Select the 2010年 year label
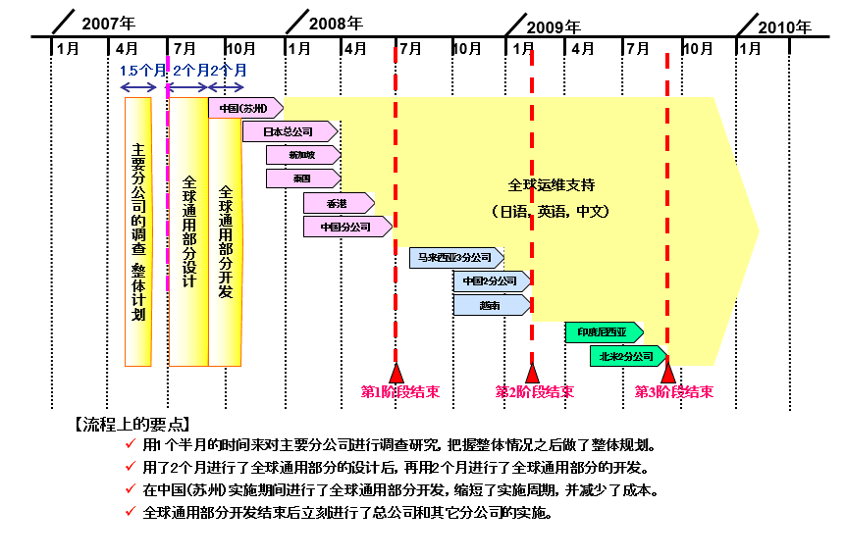[785, 26]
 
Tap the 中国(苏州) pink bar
[244, 108]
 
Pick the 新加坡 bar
[302, 155]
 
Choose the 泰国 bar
[302, 178]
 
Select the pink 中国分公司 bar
[346, 228]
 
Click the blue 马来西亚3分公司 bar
[454, 258]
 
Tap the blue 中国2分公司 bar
[492, 281]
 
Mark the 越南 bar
[492, 305]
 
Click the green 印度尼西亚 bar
[602, 332]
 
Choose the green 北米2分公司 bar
[626, 356]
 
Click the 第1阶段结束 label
[400, 392]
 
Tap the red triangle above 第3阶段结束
[668, 373]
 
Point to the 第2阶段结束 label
[535, 392]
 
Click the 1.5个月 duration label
[142, 71]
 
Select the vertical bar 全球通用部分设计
[188, 230]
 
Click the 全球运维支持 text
[552, 184]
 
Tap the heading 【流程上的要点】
[132, 425]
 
